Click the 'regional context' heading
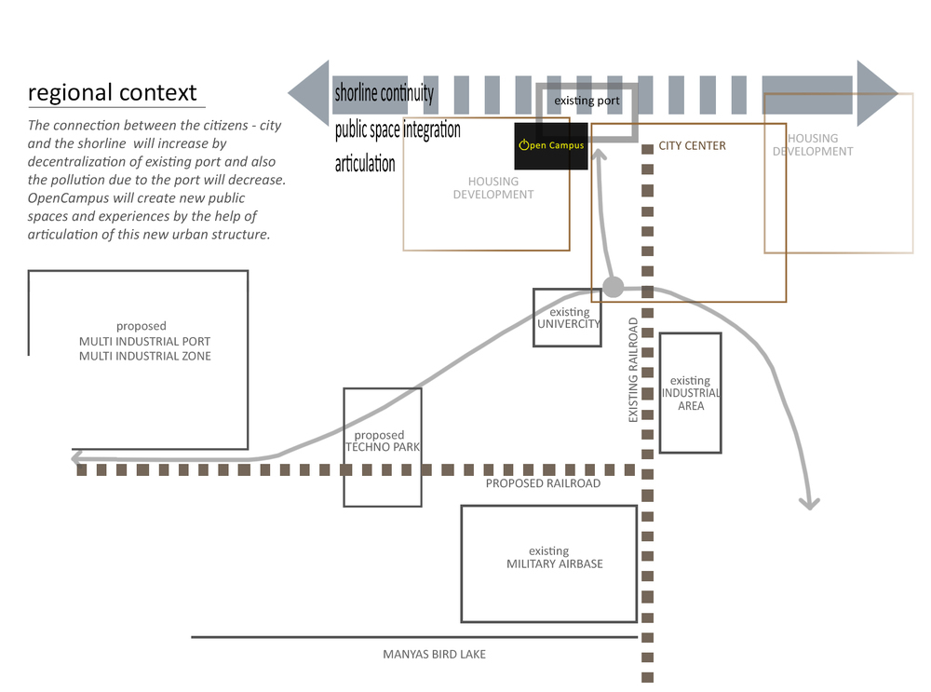pos(113,93)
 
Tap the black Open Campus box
pos(551,145)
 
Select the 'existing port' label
pos(587,100)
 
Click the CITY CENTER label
pos(692,145)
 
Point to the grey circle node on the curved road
pos(614,287)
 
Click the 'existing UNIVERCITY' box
pos(567,318)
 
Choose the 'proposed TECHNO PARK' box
pos(382,447)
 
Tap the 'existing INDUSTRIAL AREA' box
pos(690,392)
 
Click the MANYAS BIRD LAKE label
pos(434,654)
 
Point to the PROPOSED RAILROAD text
pos(543,483)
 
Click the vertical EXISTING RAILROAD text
pos(633,370)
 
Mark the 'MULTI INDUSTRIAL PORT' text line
pos(144,341)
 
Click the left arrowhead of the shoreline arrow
pos(309,93)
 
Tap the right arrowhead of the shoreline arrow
pos(876,93)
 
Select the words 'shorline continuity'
pos(384,93)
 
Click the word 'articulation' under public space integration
pos(365,164)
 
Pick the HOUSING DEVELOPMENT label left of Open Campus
pos(493,188)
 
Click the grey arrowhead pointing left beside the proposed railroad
pos(76,457)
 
